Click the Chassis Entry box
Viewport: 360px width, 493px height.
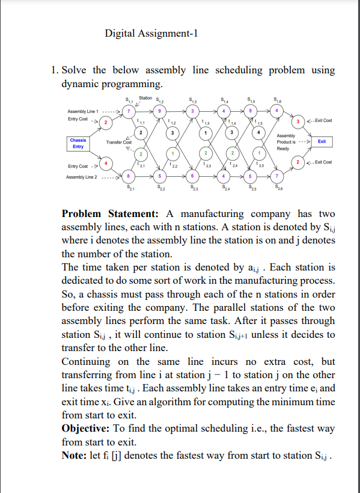click(79, 143)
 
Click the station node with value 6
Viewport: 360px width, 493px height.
click(191, 176)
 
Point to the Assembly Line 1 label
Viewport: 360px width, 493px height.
click(84, 111)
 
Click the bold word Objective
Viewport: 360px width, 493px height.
click(87, 429)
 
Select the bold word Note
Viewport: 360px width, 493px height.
click(76, 455)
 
